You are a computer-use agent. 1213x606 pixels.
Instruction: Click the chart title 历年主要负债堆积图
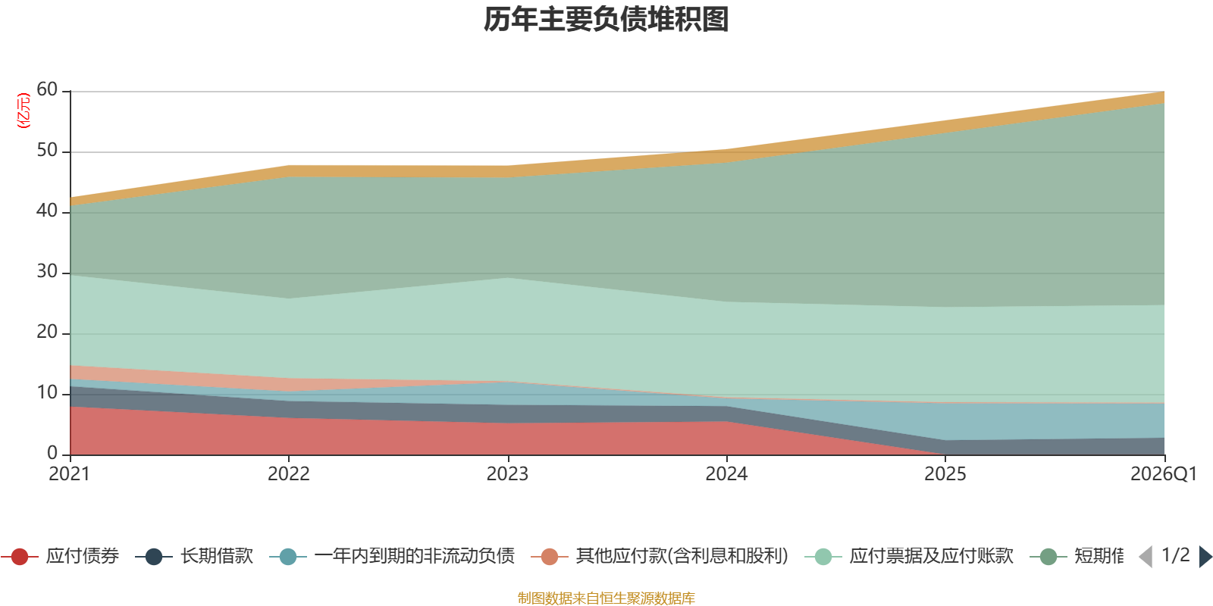point(606,20)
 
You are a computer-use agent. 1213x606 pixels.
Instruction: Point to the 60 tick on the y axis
point(47,90)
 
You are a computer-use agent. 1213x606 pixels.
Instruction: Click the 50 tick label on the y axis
point(47,151)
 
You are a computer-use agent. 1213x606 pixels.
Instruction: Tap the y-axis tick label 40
point(47,211)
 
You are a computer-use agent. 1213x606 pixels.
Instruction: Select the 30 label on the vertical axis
point(47,272)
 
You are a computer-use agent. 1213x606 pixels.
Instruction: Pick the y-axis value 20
point(47,333)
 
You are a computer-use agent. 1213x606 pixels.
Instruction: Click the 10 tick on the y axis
point(47,393)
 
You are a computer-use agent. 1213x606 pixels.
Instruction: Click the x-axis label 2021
point(69,474)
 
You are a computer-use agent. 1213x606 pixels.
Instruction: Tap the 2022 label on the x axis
point(288,474)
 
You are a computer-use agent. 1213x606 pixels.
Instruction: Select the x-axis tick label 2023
point(507,474)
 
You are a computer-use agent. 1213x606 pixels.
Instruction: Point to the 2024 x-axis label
point(726,474)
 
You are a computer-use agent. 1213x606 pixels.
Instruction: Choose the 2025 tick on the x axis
point(945,474)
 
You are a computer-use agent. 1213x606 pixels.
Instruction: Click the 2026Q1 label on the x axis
point(1163,474)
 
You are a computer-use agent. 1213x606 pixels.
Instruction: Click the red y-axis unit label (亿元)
point(24,111)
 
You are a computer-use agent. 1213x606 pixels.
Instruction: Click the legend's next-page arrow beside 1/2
point(1205,557)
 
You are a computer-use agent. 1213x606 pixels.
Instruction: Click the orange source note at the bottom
point(606,598)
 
